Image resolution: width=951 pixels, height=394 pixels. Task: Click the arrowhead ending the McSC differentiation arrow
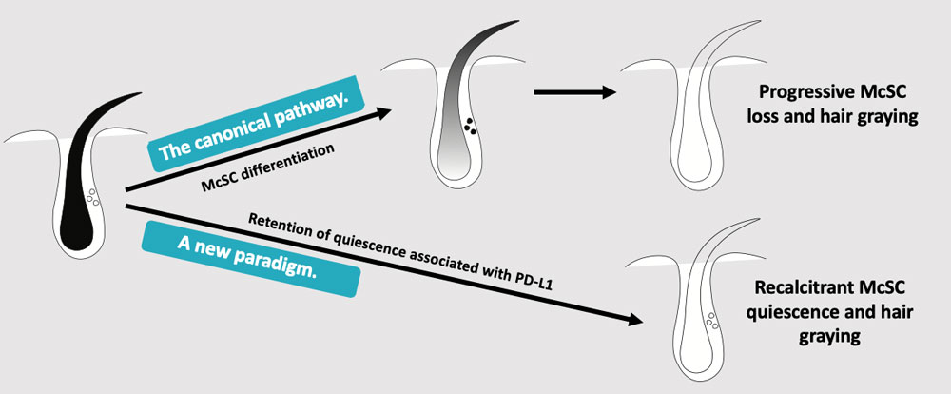point(384,112)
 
